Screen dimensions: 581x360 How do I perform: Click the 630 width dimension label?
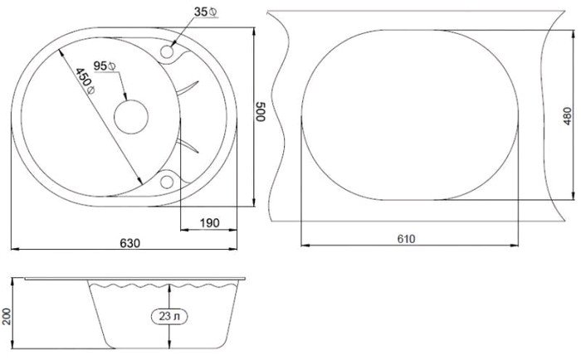pos(130,243)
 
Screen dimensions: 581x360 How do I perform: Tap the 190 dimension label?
pos(210,223)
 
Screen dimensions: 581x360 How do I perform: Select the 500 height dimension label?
pos(261,111)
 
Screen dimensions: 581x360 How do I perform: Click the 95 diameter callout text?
pos(105,66)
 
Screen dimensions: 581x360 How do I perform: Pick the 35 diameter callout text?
pos(206,12)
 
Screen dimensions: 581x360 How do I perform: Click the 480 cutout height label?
pos(567,116)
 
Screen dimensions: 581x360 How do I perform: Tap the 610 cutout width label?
pos(406,239)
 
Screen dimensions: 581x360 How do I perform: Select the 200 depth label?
pos(5,316)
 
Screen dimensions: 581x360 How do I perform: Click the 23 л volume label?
pos(169,316)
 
